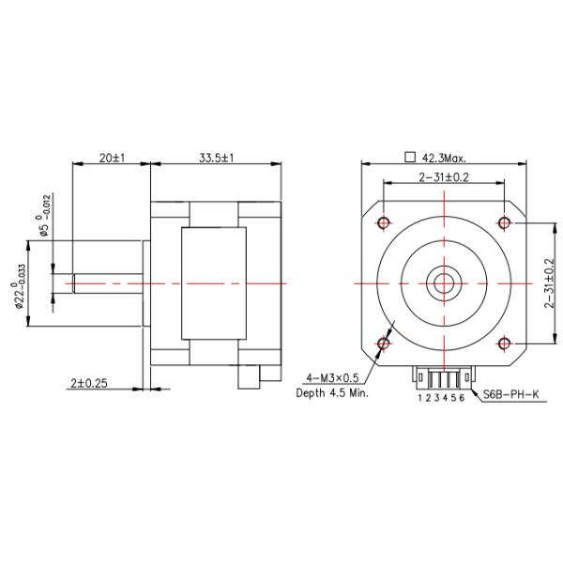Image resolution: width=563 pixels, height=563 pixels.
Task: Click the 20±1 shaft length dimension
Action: tap(112, 159)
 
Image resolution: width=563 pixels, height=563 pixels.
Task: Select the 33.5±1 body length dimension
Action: tap(216, 159)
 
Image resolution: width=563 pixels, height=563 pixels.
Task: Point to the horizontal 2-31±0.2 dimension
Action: tap(444, 176)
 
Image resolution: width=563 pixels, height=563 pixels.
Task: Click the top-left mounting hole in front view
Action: tap(384, 222)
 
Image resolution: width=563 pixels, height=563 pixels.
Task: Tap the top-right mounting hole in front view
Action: tap(504, 222)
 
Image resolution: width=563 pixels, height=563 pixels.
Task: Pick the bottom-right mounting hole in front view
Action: tap(504, 342)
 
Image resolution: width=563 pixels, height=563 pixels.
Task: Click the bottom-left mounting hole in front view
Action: tap(384, 342)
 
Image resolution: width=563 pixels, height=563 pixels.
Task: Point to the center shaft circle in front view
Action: tap(444, 281)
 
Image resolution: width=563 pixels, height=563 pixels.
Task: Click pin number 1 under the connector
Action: tap(420, 398)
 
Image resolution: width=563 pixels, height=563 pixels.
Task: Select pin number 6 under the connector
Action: tap(463, 398)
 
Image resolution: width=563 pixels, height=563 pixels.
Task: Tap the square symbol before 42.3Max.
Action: tap(408, 158)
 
